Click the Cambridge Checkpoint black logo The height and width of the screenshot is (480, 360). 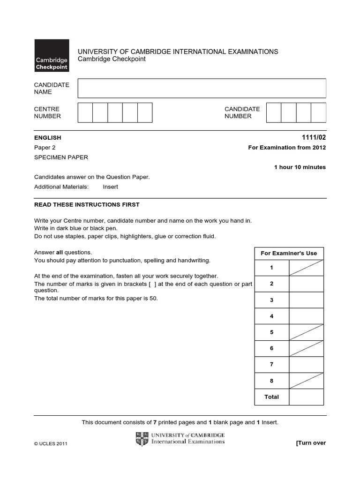coord(52,55)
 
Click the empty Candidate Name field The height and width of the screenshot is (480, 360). coord(202,88)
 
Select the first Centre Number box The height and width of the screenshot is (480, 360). coord(85,112)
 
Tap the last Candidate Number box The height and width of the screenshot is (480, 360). coord(318,112)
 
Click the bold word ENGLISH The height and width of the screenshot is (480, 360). coord(48,138)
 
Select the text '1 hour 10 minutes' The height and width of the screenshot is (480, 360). coord(300,167)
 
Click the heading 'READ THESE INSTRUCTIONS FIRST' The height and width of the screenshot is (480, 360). coord(87,205)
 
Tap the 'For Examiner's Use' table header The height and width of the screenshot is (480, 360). coord(289,253)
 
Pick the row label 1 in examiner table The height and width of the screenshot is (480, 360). coord(271,268)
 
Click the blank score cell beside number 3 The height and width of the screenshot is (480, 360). coord(306,300)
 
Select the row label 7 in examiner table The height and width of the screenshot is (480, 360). coord(271,365)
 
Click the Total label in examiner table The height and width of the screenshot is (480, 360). coord(271,397)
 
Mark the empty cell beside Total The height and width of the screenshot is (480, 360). coord(306,397)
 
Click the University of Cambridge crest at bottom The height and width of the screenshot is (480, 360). coord(142,439)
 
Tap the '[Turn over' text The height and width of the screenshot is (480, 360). coord(310,443)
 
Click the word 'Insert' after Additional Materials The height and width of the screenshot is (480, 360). coord(111,187)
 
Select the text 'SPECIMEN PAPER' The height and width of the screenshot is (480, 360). coord(61,157)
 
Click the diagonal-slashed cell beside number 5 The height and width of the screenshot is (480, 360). coord(306,332)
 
